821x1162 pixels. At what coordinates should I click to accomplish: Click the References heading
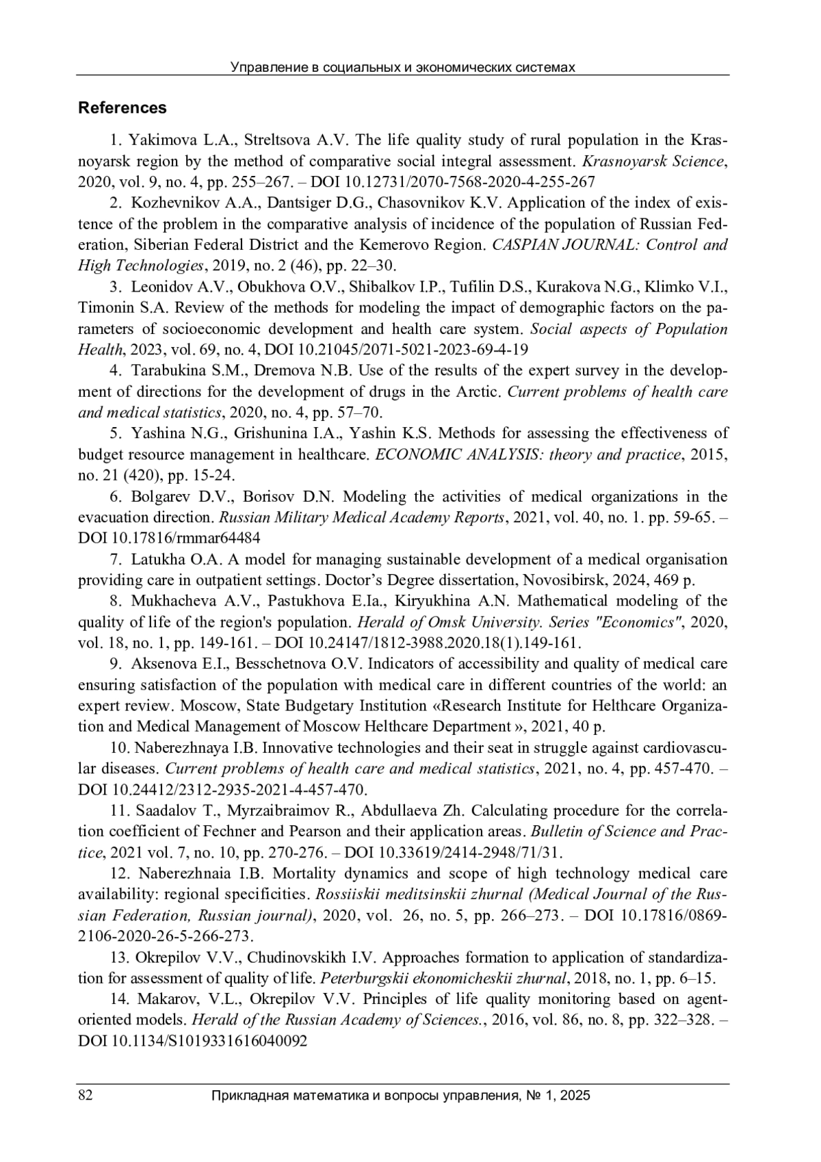coord(122,108)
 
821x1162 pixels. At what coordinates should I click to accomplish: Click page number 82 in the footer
coord(86,1096)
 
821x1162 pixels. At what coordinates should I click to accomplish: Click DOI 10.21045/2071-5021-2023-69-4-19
coord(396,350)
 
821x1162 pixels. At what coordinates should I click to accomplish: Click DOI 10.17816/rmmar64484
coord(169,538)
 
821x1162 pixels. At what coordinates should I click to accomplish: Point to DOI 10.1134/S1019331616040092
coord(192,1041)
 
